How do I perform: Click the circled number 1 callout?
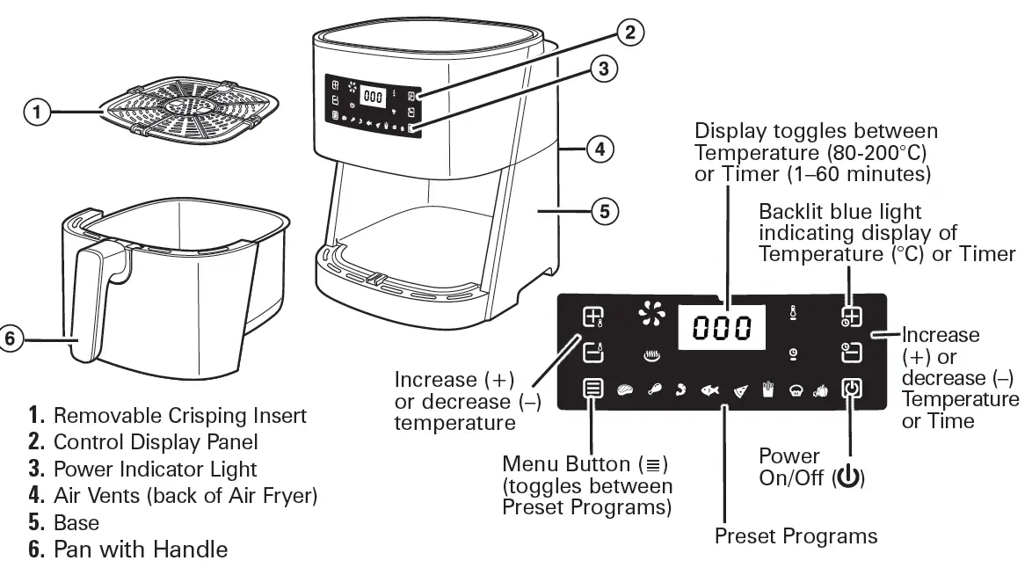35,112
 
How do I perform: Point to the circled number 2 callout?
628,33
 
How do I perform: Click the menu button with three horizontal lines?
593,389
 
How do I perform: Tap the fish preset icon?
709,390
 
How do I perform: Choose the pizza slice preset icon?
740,390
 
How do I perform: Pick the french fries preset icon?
769,390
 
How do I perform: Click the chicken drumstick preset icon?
654,390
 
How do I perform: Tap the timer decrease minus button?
850,353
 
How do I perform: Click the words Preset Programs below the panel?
795,535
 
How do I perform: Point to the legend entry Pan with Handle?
140,550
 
